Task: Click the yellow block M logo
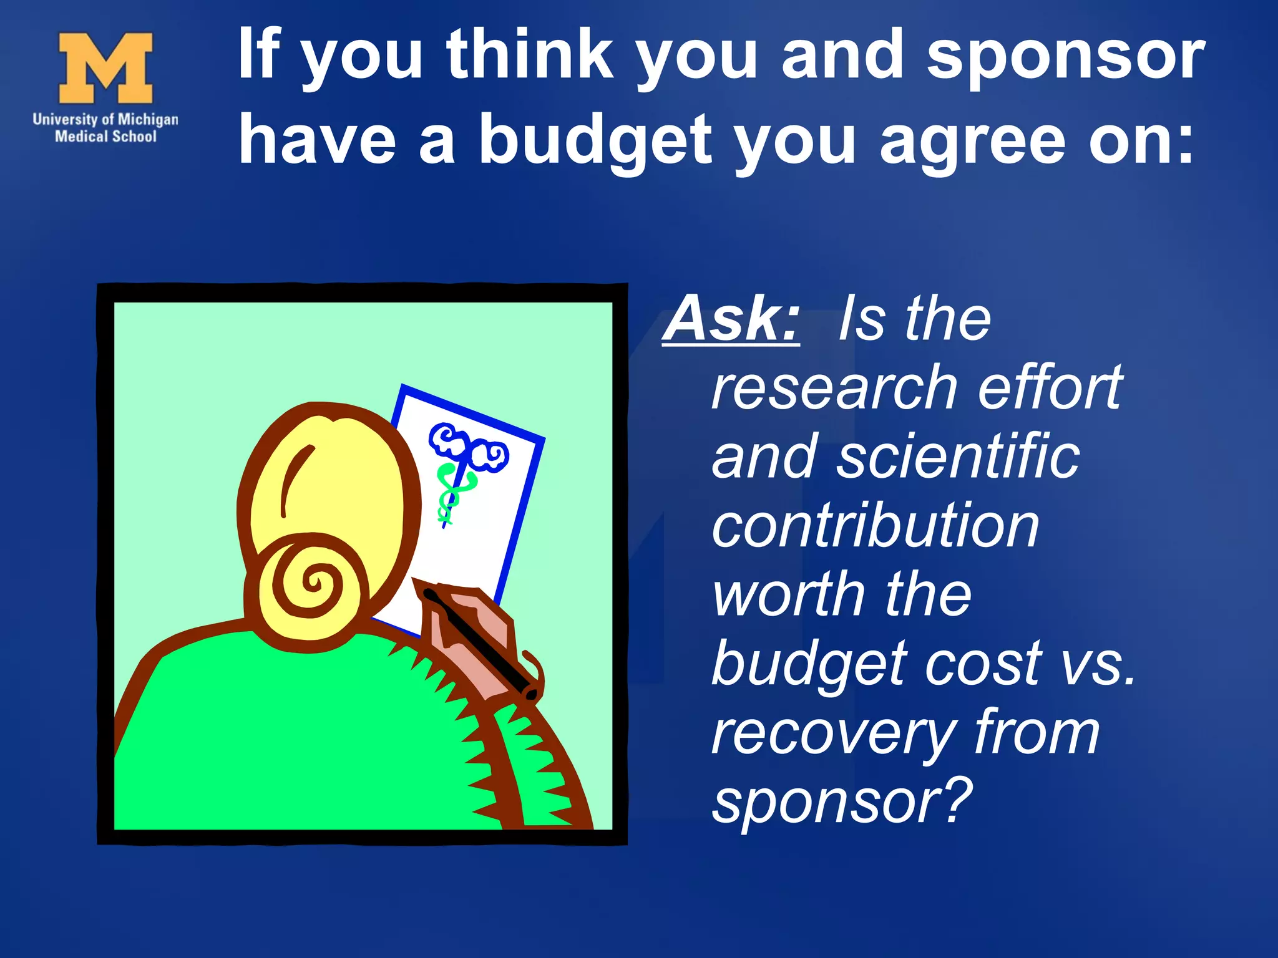105,68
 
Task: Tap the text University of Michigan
105,119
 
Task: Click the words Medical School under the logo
105,136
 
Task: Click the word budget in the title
595,141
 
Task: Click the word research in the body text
834,388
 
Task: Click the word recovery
834,733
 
